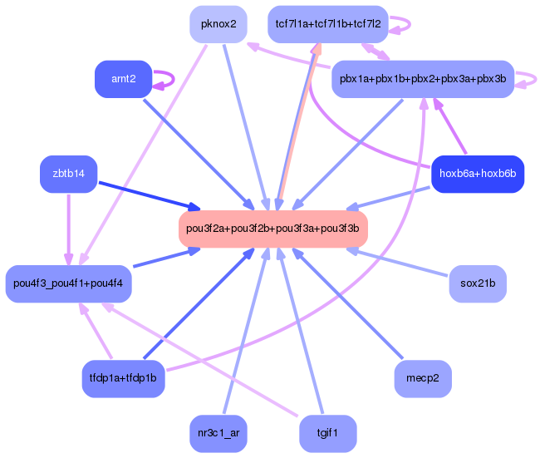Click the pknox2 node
218,24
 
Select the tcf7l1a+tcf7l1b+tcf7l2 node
328,24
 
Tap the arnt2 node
124,79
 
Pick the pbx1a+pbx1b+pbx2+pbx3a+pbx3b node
423,79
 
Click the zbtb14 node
68,174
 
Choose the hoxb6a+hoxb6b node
478,174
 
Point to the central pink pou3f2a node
272,229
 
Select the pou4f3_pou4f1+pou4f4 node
69,284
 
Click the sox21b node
478,284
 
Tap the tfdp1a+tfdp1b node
124,378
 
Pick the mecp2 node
423,378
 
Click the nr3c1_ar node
218,433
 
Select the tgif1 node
328,433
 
